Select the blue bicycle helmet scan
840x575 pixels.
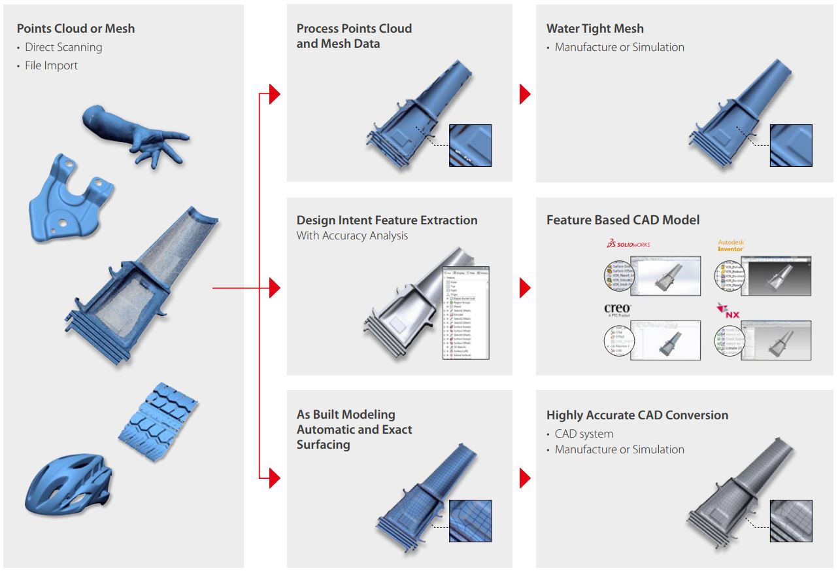click(x=65, y=484)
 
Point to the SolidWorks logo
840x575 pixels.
click(x=628, y=244)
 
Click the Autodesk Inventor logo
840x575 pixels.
click(x=731, y=245)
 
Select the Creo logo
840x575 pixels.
click(x=617, y=310)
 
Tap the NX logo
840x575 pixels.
click(x=728, y=311)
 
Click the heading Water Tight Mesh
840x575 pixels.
click(x=595, y=29)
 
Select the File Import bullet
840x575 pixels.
click(x=51, y=65)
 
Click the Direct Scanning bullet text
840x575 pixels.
click(x=63, y=47)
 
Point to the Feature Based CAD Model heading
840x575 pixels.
click(x=622, y=220)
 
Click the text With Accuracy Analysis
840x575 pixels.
click(x=352, y=235)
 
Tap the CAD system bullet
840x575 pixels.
click(x=584, y=434)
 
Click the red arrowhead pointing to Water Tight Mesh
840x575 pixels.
click(x=525, y=94)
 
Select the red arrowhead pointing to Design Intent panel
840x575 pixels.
click(x=275, y=287)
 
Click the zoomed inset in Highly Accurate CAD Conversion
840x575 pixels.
click(x=791, y=521)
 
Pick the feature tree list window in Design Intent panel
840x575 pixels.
click(x=466, y=312)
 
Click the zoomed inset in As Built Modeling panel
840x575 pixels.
click(x=470, y=521)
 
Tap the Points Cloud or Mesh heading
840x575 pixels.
click(x=76, y=28)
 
